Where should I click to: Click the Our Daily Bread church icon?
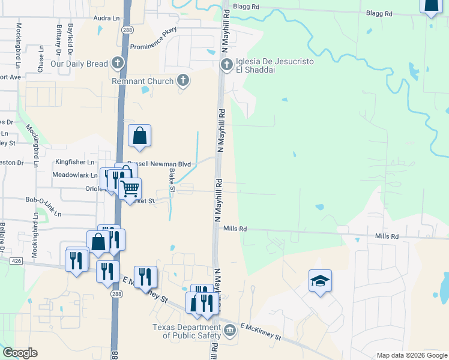pos(118,63)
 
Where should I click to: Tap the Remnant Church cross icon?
pos(182,80)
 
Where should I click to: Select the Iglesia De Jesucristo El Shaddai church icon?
pos(227,64)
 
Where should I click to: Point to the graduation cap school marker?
pos(320,280)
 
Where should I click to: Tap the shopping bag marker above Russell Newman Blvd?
pos(139,136)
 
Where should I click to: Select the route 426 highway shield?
pos(16,260)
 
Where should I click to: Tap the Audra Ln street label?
pos(106,19)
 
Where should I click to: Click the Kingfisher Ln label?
pos(75,162)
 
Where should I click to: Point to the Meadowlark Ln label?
pos(74,175)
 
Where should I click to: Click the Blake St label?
pos(172,181)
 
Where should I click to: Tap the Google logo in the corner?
pos(20,353)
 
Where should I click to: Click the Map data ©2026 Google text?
pos(411,355)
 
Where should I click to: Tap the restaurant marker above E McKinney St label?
pos(145,277)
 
